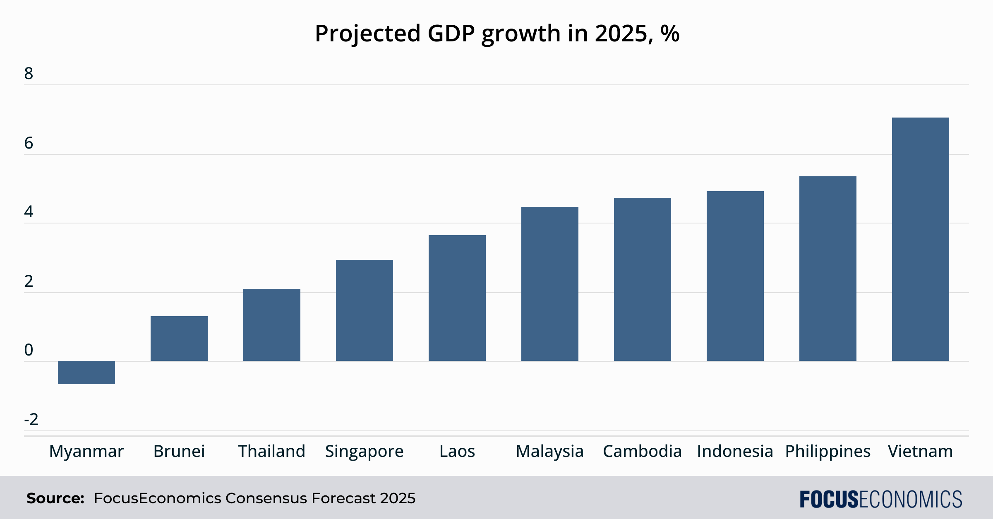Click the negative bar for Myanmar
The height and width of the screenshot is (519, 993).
pos(86,372)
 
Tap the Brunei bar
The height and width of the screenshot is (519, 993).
pos(179,339)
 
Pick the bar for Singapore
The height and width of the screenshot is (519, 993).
pos(364,310)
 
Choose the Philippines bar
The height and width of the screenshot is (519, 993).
pos(827,269)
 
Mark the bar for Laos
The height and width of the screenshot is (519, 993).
pos(457,298)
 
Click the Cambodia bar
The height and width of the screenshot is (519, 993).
pos(642,279)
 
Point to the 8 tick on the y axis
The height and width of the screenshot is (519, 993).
pos(29,74)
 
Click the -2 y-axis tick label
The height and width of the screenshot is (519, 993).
pos(31,420)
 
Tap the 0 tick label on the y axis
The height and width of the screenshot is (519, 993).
pos(29,350)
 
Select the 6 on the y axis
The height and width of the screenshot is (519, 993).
pos(29,143)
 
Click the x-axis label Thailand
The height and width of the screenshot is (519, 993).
pos(271,451)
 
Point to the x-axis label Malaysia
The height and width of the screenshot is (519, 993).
pos(549,451)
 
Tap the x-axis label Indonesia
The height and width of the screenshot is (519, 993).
pos(735,451)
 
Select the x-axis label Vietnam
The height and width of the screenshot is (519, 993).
pos(920,451)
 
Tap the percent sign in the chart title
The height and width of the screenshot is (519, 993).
pos(670,33)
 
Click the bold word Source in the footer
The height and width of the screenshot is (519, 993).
pos(55,498)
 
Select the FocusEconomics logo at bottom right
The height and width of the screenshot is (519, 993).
pos(881,499)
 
